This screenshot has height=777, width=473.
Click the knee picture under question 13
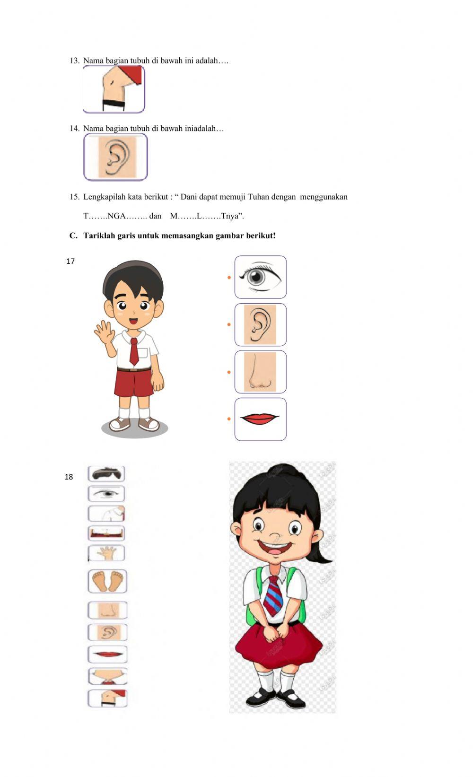click(x=114, y=89)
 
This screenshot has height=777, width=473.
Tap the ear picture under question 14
click(x=115, y=157)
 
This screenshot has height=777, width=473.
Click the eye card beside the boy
click(x=261, y=277)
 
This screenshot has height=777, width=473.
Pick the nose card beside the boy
click(x=261, y=372)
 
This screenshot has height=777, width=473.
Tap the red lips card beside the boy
click(x=261, y=419)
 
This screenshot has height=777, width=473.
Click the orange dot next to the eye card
click(x=229, y=277)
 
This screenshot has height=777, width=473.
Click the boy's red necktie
click(x=134, y=351)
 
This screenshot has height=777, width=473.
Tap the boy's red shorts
click(x=134, y=383)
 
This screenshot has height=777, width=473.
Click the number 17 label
click(x=70, y=262)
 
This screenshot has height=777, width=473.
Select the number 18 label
click(x=69, y=477)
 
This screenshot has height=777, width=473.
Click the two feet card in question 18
click(x=107, y=581)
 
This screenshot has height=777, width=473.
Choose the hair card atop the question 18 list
click(x=106, y=473)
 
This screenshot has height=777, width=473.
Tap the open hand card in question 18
click(x=107, y=553)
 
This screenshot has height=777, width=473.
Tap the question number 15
click(x=74, y=197)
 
